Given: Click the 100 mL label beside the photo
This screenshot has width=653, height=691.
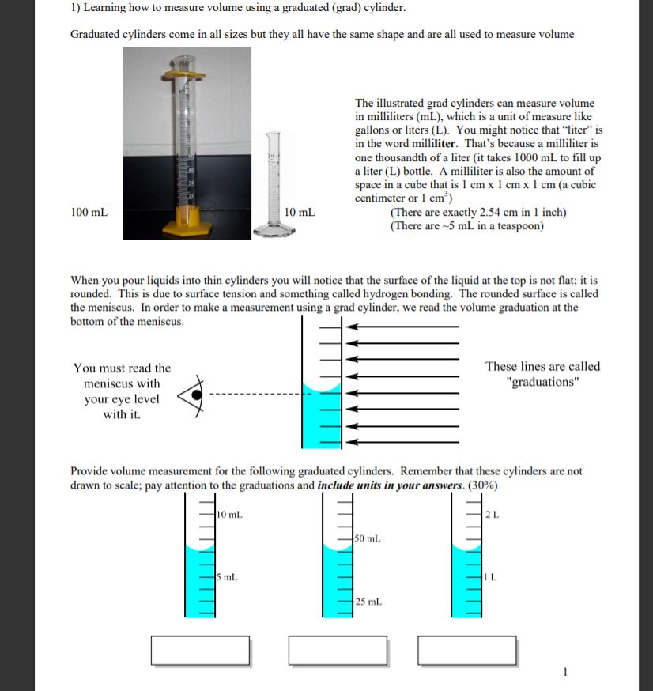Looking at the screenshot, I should click(x=89, y=213).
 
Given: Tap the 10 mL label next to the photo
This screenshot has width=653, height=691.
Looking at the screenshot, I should click(x=300, y=213).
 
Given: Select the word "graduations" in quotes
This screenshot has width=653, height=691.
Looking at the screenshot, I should click(x=542, y=382).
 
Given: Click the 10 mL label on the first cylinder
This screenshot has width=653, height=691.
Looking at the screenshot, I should click(x=230, y=515).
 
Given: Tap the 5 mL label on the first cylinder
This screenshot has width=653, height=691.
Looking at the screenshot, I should click(x=228, y=576).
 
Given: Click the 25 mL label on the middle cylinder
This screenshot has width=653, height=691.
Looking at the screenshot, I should click(x=368, y=602).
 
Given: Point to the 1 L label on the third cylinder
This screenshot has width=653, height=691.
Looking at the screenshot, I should click(x=491, y=576).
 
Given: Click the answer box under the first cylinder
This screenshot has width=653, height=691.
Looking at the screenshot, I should click(x=201, y=650).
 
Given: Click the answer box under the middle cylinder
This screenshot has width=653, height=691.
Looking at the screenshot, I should click(x=338, y=650).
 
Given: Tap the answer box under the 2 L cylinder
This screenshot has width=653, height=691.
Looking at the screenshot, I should click(x=466, y=650).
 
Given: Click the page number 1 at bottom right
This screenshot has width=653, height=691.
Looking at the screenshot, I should click(x=564, y=673).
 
